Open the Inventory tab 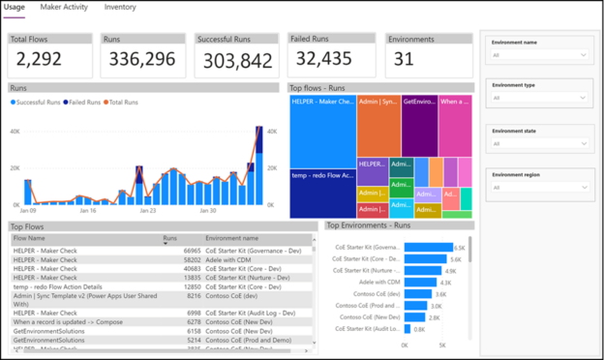pyautogui.click(x=120, y=8)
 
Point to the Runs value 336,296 pyautogui.click(x=142, y=61)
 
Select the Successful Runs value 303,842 pyautogui.click(x=238, y=61)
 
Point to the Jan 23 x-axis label pyautogui.click(x=147, y=209)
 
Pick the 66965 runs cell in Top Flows pyautogui.click(x=189, y=251)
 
